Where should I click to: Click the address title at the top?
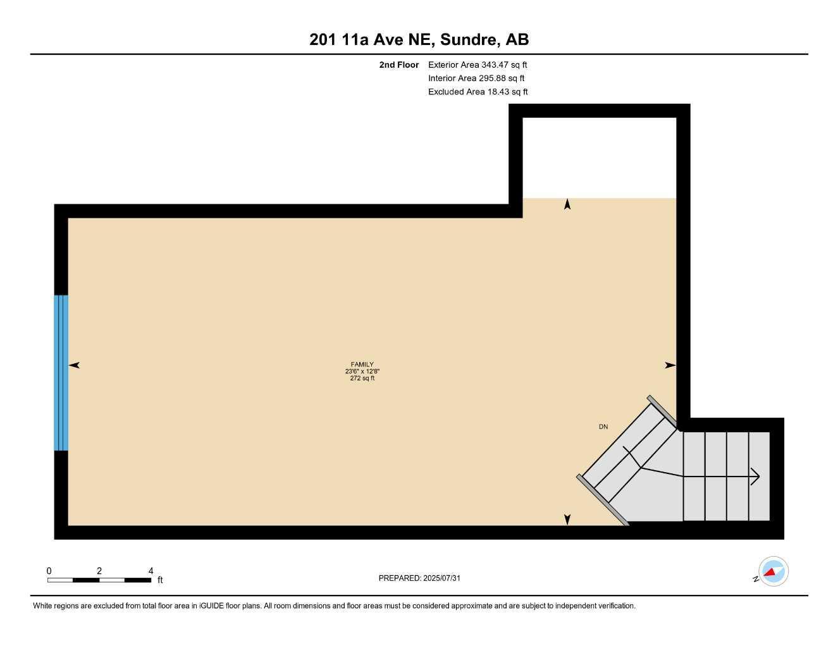(419, 39)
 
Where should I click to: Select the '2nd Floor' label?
(398, 65)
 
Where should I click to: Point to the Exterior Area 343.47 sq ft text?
(478, 65)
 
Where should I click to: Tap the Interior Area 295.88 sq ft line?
(476, 78)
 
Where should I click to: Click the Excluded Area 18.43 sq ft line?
(478, 92)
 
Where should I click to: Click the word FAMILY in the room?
(362, 364)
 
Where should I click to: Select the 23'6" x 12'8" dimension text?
(362, 371)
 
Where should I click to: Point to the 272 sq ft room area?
(362, 378)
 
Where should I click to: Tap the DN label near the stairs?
(603, 427)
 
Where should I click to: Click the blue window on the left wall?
(61, 373)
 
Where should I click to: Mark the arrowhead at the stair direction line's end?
(755, 477)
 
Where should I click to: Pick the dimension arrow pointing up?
(567, 204)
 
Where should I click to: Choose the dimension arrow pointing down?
(567, 520)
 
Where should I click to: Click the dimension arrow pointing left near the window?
(74, 365)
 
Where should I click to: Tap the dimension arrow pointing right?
(670, 365)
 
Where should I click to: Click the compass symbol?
(773, 571)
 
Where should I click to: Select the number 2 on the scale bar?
(99, 571)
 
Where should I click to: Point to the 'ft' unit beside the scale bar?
(160, 580)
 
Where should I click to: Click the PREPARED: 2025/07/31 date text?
(419, 578)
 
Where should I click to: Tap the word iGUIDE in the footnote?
(211, 606)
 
